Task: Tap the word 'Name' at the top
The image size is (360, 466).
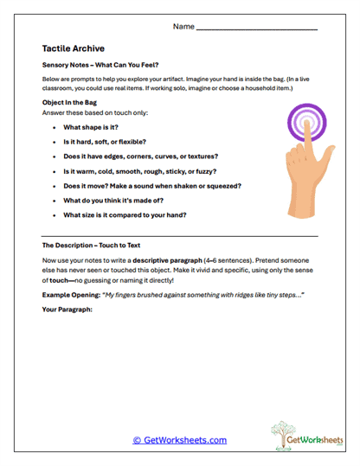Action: pyautogui.click(x=183, y=27)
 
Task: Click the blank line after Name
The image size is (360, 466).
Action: pyautogui.click(x=257, y=29)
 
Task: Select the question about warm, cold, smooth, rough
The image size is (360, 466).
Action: pyautogui.click(x=144, y=171)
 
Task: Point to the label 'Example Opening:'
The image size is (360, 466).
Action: pyautogui.click(x=70, y=295)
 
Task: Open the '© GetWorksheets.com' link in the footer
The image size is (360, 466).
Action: pyautogui.click(x=180, y=440)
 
